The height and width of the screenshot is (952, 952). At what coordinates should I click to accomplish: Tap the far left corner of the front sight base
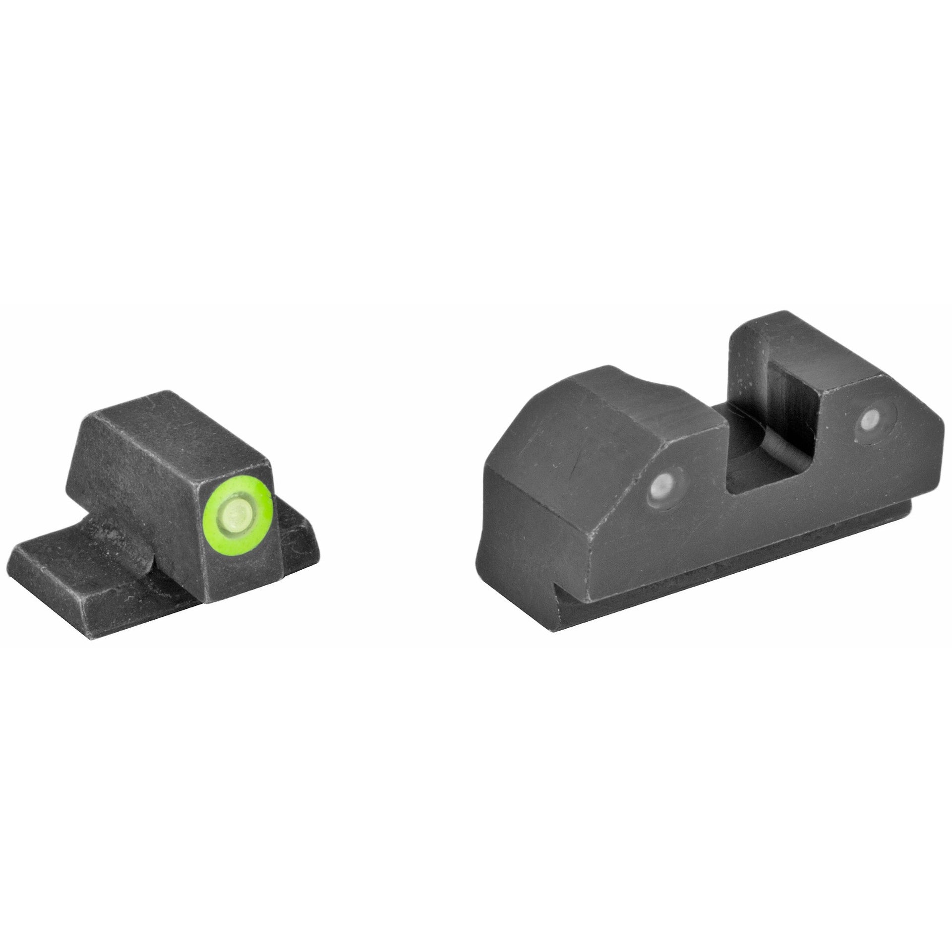click(15, 553)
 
